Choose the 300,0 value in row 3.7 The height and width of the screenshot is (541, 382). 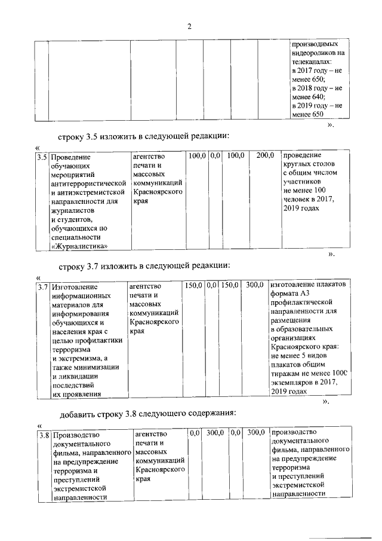(255, 286)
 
